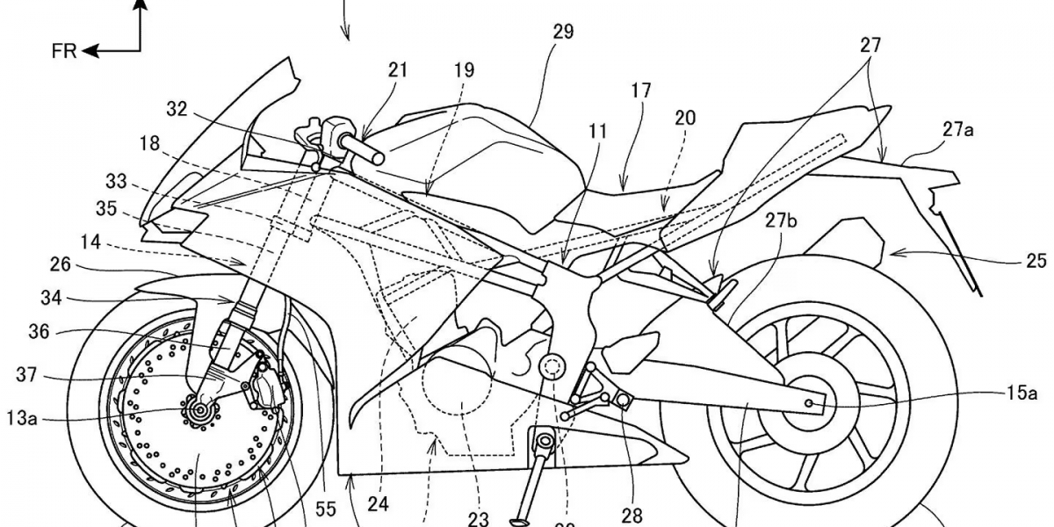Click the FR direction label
(64, 51)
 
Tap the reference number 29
(562, 32)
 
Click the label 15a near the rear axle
(1022, 393)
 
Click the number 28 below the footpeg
(631, 515)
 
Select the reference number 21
(398, 70)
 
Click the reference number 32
(177, 110)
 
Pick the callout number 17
(640, 90)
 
